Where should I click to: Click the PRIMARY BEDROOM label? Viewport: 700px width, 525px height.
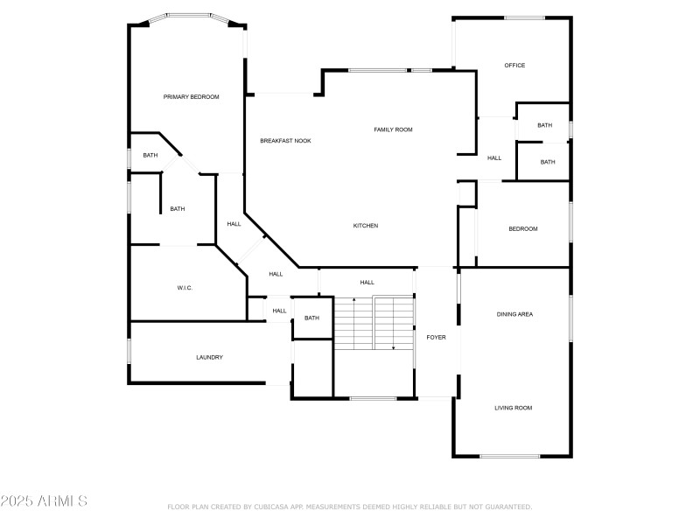[x=191, y=97]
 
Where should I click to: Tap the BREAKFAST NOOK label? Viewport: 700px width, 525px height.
[x=285, y=141]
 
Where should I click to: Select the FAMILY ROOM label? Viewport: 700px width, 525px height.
[x=393, y=129]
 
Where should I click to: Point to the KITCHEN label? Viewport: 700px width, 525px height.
[x=366, y=226]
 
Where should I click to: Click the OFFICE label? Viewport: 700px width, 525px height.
[x=514, y=65]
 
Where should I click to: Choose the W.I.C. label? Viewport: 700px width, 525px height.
[x=185, y=288]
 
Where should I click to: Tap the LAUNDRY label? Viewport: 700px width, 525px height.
[x=209, y=357]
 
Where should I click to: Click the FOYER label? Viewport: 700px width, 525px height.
[x=436, y=337]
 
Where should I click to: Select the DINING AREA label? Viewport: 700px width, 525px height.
[x=514, y=314]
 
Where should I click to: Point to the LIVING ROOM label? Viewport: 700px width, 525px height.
[x=513, y=408]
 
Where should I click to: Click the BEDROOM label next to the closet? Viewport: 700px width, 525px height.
[x=522, y=228]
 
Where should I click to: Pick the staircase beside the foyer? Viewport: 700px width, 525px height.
[x=374, y=322]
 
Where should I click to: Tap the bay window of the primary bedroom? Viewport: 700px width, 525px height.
[x=189, y=17]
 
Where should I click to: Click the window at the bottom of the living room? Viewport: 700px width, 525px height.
[x=510, y=456]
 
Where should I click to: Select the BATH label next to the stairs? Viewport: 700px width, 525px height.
[x=311, y=318]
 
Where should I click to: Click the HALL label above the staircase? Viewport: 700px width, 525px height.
[x=367, y=282]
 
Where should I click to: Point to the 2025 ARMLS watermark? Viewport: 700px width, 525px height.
[x=44, y=500]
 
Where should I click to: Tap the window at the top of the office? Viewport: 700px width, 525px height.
[x=524, y=17]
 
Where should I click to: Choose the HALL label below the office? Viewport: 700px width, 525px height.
[x=493, y=158]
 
